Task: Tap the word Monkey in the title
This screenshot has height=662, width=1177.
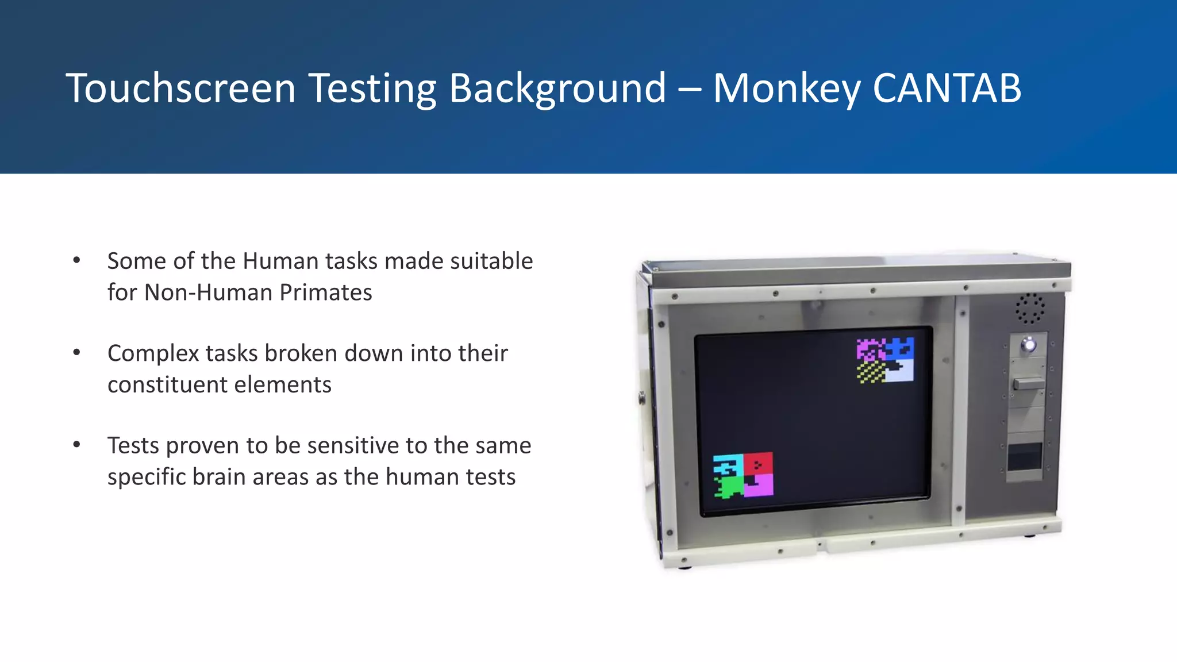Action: [x=787, y=90]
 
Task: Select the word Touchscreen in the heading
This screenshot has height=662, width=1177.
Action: [x=180, y=88]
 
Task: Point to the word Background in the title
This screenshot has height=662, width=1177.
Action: [x=557, y=90]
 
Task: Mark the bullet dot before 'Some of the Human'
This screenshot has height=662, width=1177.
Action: [x=76, y=260]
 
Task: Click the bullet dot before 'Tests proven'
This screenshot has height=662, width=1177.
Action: [x=76, y=445]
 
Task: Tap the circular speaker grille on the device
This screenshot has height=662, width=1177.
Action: [x=1029, y=309]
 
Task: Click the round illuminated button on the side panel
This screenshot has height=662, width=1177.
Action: [x=1028, y=345]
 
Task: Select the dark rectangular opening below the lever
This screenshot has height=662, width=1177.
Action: [x=1025, y=457]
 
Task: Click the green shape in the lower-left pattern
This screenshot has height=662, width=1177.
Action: [x=729, y=487]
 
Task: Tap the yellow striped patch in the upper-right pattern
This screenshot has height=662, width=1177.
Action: [x=870, y=372]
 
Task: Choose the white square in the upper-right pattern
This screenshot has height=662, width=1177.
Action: [x=899, y=372]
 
